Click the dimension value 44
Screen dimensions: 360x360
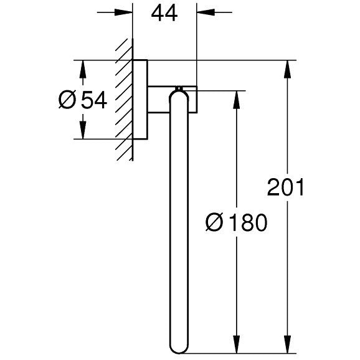(x=164, y=13)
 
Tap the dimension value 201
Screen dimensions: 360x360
(x=285, y=187)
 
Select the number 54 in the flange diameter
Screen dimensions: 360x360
(x=95, y=100)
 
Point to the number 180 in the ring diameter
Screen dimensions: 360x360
(x=249, y=222)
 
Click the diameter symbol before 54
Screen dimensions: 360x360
(x=67, y=100)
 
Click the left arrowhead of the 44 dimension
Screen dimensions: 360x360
(x=123, y=12)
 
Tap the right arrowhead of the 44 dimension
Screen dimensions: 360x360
(x=206, y=12)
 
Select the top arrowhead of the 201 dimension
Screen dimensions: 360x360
(x=287, y=69)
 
